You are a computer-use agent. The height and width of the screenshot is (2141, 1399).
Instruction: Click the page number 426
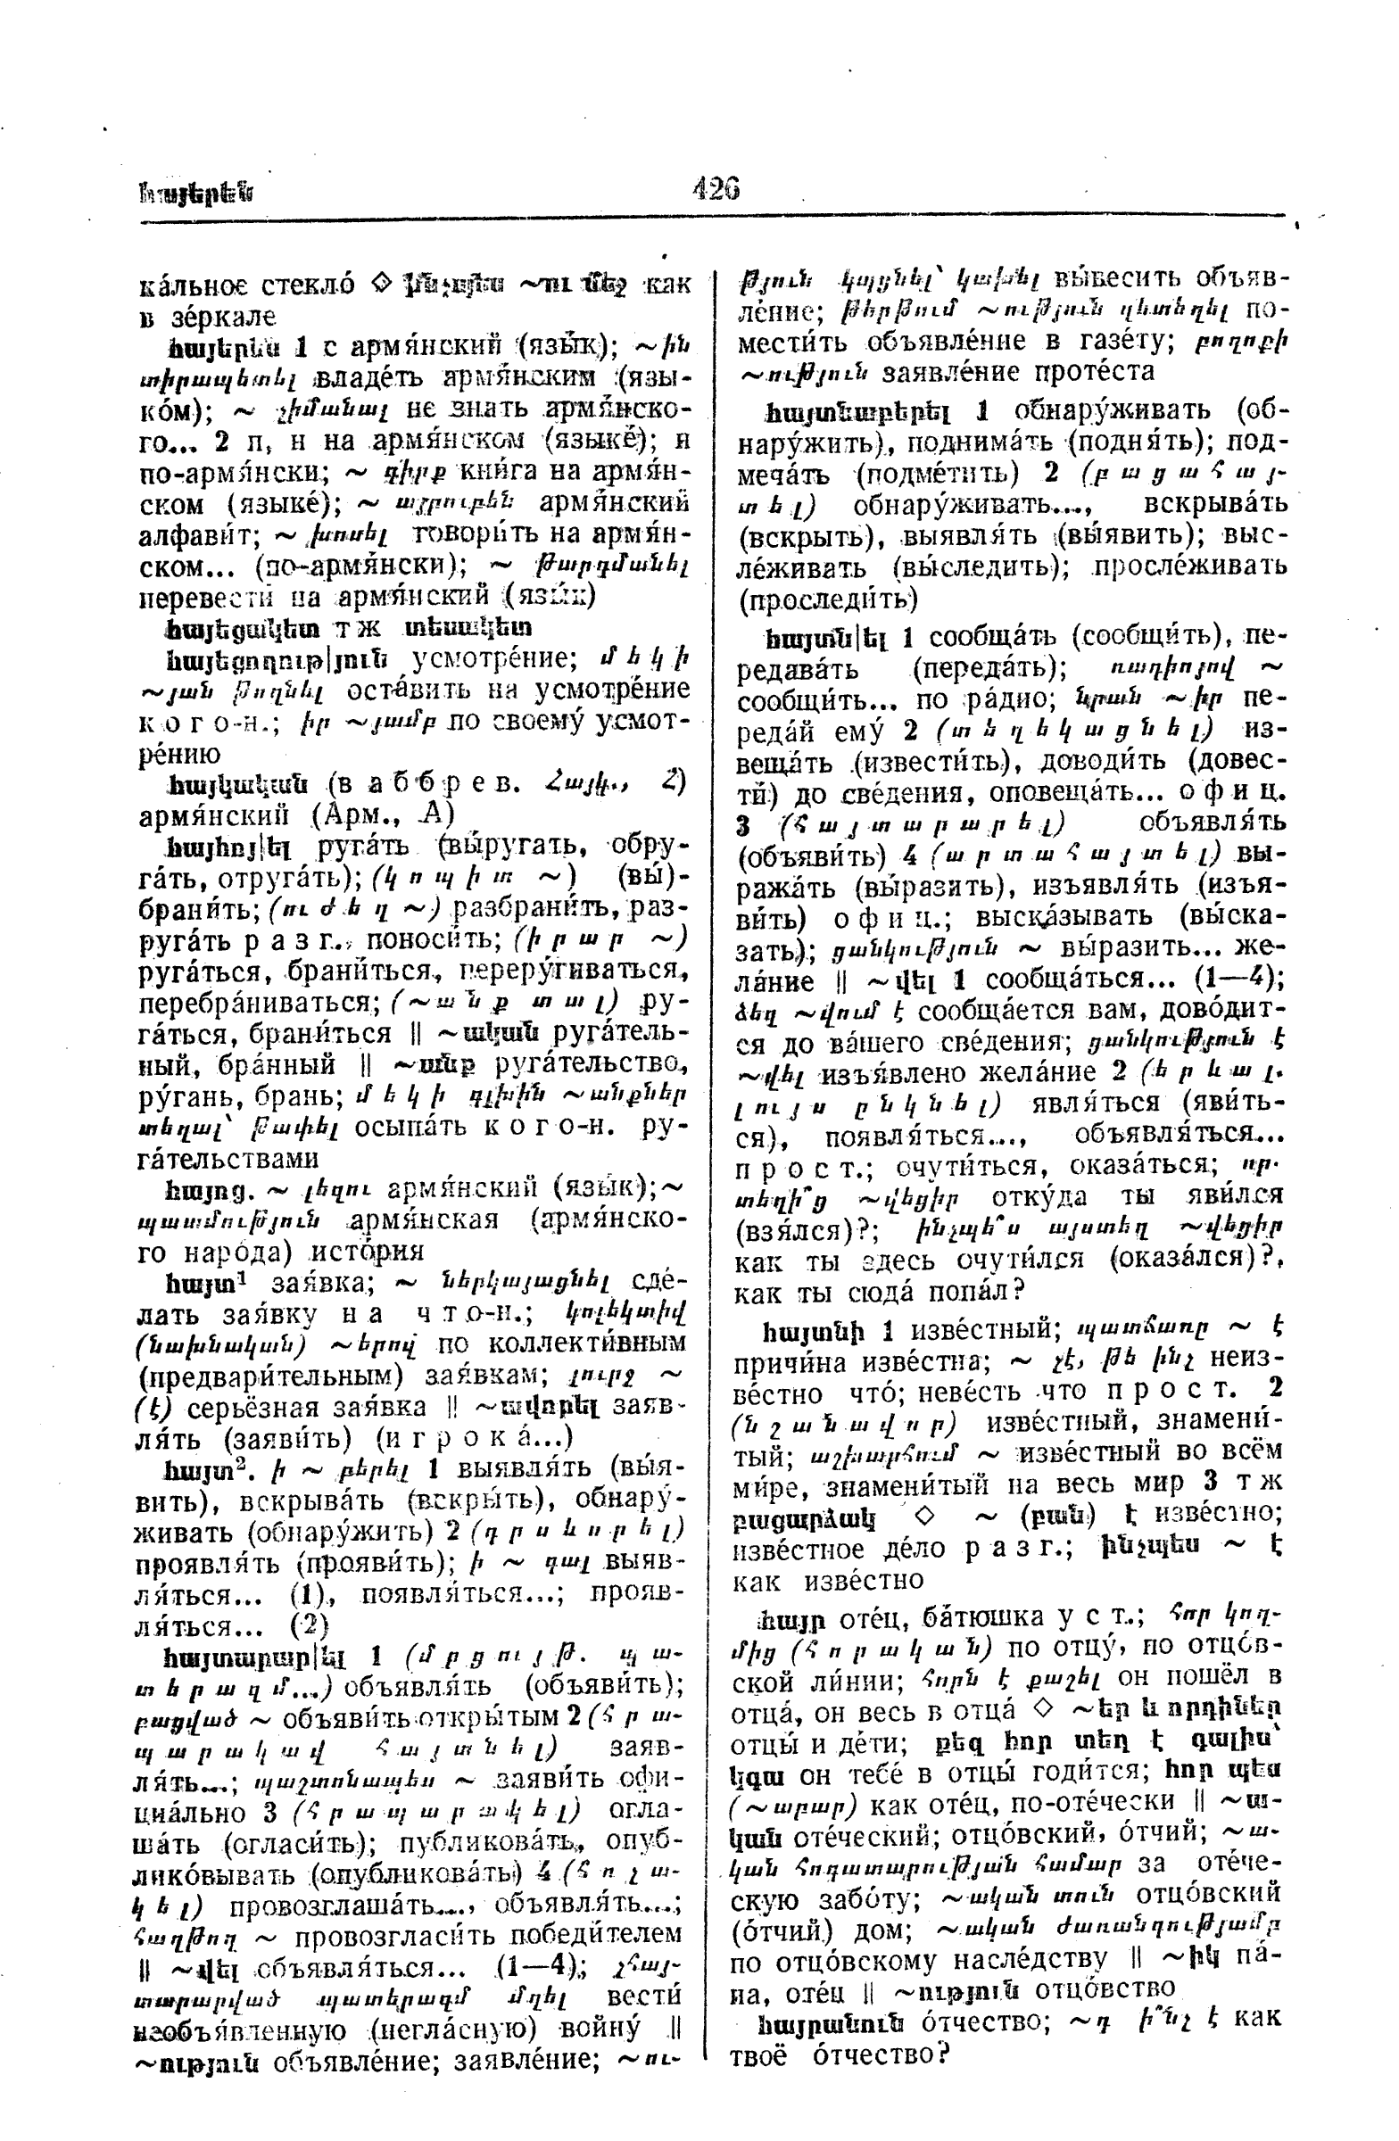[716, 188]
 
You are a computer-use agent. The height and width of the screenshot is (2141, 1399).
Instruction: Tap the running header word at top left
[195, 192]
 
